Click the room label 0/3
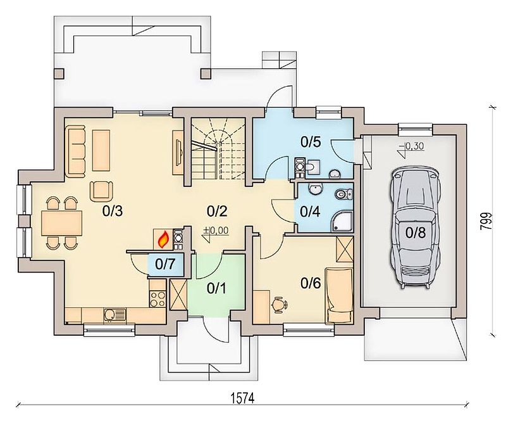tap(112, 212)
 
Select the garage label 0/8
tap(416, 232)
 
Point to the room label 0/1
tap(216, 288)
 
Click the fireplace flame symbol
tap(164, 239)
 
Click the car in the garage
tap(415, 228)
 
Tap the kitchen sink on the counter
tap(114, 315)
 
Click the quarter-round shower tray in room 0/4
tap(342, 222)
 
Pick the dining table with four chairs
tap(61, 223)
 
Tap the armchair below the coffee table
tap(101, 191)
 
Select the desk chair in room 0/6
tap(279, 305)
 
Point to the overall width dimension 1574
tap(242, 398)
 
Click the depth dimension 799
tap(486, 222)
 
